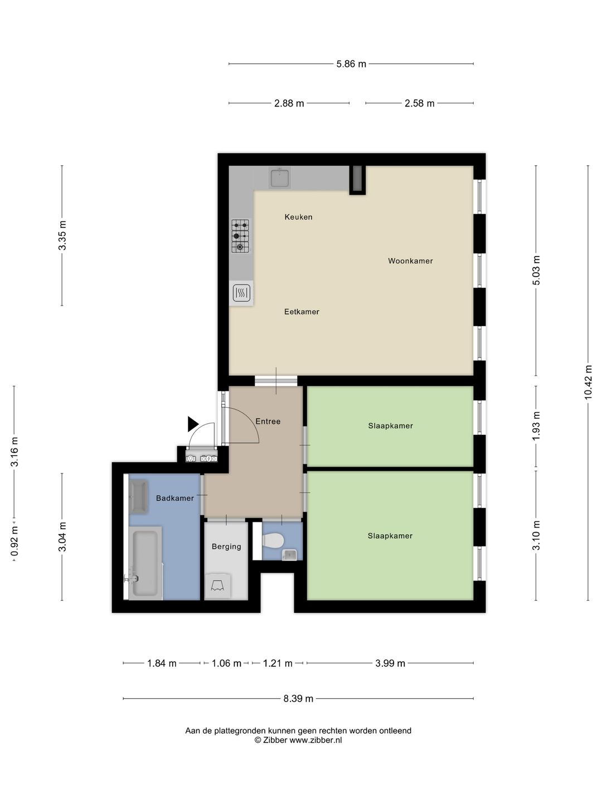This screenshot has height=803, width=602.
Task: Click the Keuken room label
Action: tap(298, 217)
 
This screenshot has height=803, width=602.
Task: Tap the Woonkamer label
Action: tap(410, 261)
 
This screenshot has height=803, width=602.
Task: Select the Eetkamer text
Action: tap(302, 312)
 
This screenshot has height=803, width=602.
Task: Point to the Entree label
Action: tap(268, 421)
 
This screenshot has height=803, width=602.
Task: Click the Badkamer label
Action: tap(174, 498)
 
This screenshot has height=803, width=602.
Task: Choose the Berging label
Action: tap(226, 546)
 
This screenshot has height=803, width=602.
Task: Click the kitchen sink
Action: tap(280, 177)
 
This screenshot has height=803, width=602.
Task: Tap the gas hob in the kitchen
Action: tap(240, 236)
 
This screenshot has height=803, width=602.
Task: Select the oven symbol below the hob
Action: tap(241, 293)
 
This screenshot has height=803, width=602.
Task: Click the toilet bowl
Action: tap(273, 540)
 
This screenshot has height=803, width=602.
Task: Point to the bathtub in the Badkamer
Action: tap(145, 563)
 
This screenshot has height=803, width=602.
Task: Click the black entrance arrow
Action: tap(193, 424)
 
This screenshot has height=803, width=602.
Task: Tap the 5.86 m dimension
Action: tap(351, 64)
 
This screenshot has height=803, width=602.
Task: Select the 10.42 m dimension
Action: tap(588, 382)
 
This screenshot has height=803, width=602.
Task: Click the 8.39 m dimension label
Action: tap(298, 698)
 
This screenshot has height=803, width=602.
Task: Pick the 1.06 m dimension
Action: tap(226, 663)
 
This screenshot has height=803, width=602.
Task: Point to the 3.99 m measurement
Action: tap(390, 663)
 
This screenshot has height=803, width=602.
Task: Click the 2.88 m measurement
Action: tap(289, 103)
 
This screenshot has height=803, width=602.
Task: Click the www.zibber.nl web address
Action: tap(316, 740)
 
